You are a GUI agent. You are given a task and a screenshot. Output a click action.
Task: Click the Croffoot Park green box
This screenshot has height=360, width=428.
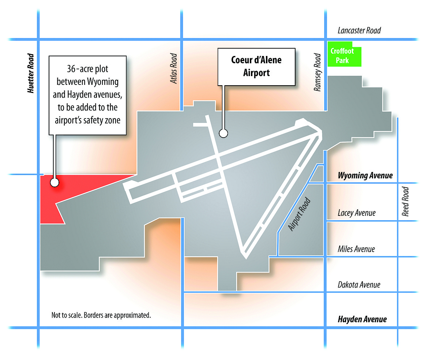(x=344, y=54)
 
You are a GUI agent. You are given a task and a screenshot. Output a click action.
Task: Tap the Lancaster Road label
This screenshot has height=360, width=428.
(x=359, y=30)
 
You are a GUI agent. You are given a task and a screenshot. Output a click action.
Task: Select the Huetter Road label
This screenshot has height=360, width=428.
(x=31, y=73)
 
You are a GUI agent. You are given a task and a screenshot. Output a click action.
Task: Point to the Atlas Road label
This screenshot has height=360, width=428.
(x=173, y=68)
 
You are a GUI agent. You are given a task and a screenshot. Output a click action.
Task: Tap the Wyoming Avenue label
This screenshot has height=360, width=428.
(x=365, y=175)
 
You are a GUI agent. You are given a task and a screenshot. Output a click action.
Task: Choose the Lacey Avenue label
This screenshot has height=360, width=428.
(x=357, y=213)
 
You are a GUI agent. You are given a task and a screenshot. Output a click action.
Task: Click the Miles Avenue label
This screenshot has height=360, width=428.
(x=356, y=249)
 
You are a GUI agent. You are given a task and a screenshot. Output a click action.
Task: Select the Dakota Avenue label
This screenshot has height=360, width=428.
(x=359, y=285)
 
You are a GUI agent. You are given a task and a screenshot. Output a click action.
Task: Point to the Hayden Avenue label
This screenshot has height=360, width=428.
(x=362, y=319)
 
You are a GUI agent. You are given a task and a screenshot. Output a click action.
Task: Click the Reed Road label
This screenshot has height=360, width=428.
(x=405, y=202)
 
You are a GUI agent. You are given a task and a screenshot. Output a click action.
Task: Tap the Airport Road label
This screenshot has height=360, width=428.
(x=300, y=214)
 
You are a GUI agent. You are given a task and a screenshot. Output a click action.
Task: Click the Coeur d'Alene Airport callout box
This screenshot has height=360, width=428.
(x=256, y=67)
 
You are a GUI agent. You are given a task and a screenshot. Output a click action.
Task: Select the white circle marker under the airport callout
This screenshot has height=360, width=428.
(x=223, y=134)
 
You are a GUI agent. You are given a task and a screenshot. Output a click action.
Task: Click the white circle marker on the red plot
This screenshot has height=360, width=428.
(x=55, y=183)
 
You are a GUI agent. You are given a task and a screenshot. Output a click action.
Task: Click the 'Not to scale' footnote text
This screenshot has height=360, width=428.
(x=101, y=315)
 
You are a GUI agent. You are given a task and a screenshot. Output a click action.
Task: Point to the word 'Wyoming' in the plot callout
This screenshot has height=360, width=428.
(x=103, y=82)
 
